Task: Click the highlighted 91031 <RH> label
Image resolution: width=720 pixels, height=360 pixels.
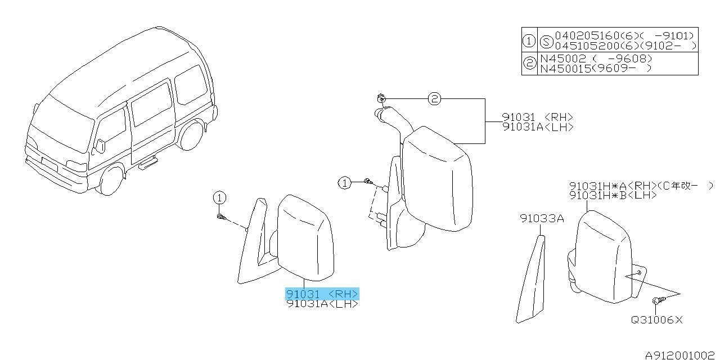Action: [x=322, y=294]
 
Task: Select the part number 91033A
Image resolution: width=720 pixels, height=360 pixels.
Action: [x=542, y=219]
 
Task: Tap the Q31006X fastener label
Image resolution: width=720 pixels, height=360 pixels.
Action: [x=656, y=320]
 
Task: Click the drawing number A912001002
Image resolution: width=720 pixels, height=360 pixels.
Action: [x=679, y=355]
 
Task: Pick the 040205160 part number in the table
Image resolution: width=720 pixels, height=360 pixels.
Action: [x=587, y=35]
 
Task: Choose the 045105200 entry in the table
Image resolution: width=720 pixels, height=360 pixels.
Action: [x=587, y=46]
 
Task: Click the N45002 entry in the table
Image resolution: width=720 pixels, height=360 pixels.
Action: [x=563, y=58]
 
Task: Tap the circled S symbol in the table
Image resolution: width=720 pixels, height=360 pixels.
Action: [x=546, y=42]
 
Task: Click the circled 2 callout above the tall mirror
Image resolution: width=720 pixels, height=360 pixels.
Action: [x=434, y=98]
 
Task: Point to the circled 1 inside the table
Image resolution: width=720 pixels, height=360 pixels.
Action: [x=529, y=41]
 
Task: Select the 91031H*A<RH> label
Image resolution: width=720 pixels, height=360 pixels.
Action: [x=613, y=186]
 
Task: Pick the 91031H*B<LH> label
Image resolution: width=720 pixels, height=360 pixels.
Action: [x=613, y=195]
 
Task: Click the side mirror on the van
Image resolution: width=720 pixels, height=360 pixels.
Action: [x=101, y=146]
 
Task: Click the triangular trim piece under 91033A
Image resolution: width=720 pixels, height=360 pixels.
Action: [x=530, y=279]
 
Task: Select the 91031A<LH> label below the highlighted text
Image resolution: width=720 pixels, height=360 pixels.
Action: [x=322, y=304]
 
